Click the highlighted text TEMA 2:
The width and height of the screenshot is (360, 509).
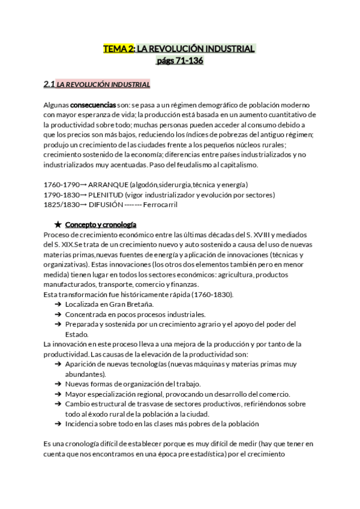(x=119, y=49)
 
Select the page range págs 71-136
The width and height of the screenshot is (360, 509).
(x=179, y=61)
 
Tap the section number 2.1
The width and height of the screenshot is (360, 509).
(x=50, y=84)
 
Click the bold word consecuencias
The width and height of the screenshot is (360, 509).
(x=93, y=104)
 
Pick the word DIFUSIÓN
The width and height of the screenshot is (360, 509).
(x=105, y=205)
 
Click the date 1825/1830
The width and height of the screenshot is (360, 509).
(x=61, y=205)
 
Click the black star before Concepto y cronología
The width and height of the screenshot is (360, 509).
(x=58, y=224)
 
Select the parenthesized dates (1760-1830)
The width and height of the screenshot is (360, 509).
(x=214, y=294)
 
